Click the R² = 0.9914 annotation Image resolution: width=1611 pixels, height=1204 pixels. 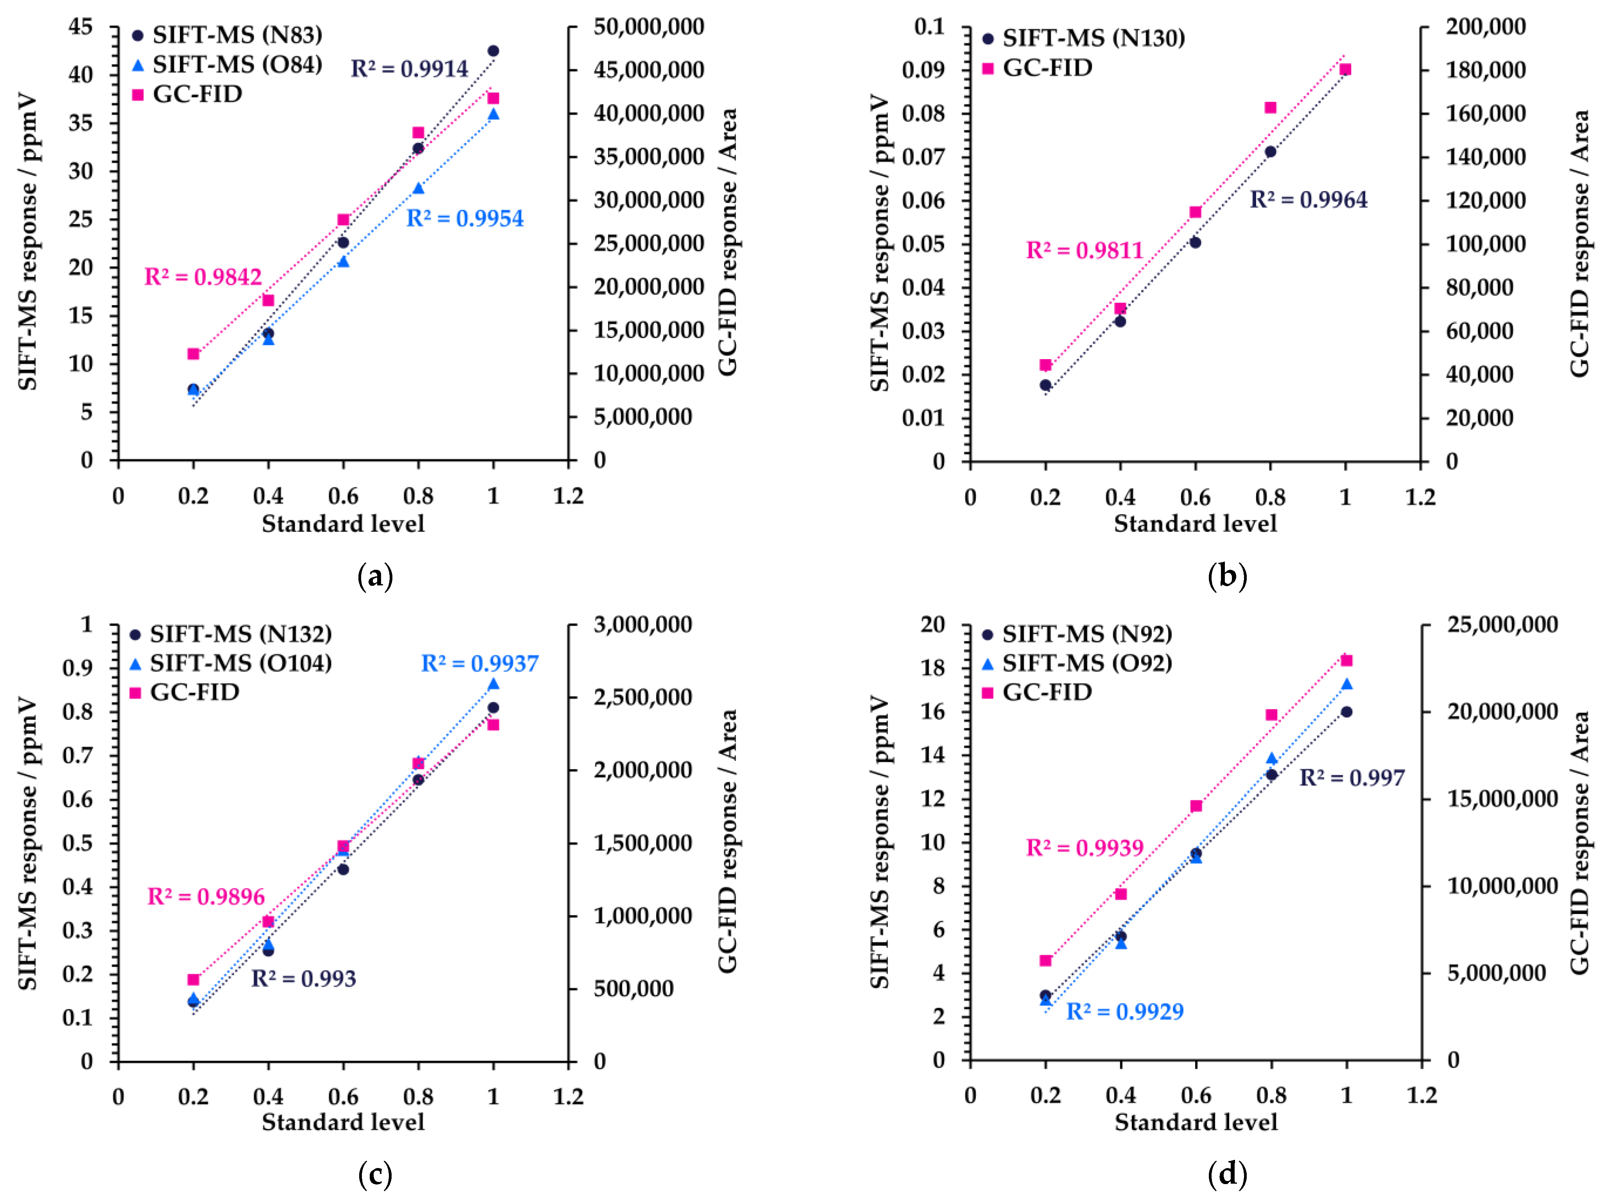pyautogui.click(x=409, y=68)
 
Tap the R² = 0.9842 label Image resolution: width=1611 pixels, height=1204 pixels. pyautogui.click(x=203, y=277)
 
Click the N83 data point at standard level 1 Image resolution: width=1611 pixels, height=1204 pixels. pyautogui.click(x=493, y=51)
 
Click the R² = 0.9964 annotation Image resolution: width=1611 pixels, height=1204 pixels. pyautogui.click(x=1309, y=200)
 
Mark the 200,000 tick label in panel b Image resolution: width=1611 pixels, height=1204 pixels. pyautogui.click(x=1486, y=27)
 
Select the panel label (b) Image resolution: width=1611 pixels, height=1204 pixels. pyautogui.click(x=1227, y=577)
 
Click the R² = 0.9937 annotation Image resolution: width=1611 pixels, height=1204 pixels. pyautogui.click(x=480, y=664)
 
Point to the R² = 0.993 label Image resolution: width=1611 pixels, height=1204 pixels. pyautogui.click(x=304, y=978)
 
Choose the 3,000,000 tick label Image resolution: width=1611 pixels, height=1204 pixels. pyautogui.click(x=643, y=624)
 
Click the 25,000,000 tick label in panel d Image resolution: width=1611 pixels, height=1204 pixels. pyautogui.click(x=1502, y=624)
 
